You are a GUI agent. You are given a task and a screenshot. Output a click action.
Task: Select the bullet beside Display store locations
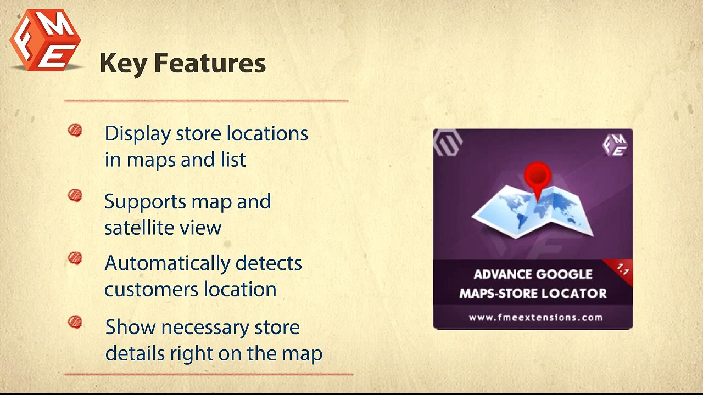click(x=75, y=131)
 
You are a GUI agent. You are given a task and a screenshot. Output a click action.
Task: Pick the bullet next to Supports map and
click(x=75, y=196)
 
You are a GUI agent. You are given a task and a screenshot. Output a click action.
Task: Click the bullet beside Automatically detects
click(x=75, y=258)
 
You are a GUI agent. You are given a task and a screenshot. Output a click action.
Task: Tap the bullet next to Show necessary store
click(x=75, y=322)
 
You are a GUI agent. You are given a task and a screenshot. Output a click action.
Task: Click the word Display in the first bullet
click(x=137, y=134)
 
